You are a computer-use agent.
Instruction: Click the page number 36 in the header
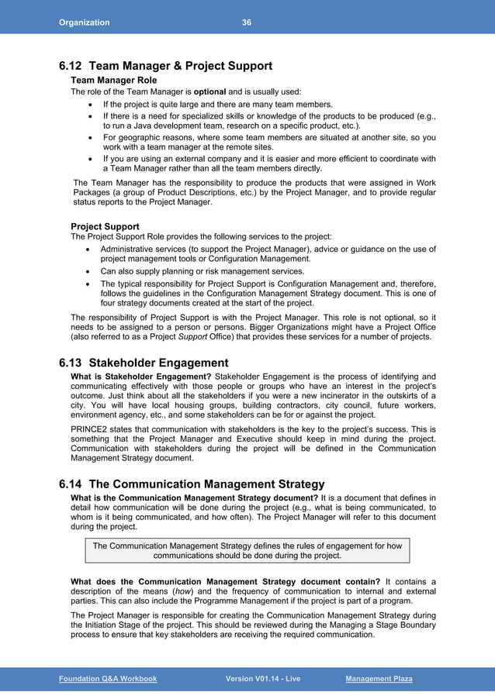[246, 22]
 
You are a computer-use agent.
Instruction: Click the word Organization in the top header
[85, 22]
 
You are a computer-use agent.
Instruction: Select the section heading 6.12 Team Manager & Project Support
[165, 66]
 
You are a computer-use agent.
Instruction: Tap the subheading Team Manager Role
[113, 80]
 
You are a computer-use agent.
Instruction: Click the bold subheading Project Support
[105, 226]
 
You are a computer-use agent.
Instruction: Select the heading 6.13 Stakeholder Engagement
[144, 363]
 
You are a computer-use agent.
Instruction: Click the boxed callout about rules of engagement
[247, 550]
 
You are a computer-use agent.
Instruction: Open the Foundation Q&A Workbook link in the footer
[108, 679]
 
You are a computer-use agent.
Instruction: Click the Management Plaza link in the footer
[379, 679]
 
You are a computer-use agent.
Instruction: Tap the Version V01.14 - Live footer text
[262, 679]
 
